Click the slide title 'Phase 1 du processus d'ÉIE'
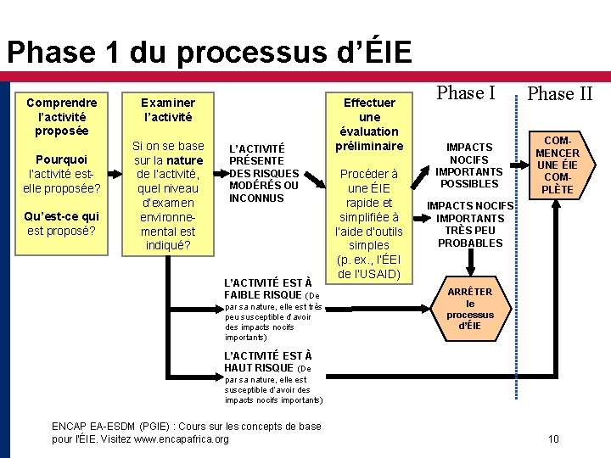click(209, 53)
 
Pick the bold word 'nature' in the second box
click(184, 160)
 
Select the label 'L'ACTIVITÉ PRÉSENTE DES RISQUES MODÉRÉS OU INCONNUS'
click(264, 173)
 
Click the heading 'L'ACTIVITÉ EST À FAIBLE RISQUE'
click(266, 288)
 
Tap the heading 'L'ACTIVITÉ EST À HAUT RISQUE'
click(266, 361)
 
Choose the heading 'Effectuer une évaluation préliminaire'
click(369, 124)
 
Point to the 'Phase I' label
click(465, 92)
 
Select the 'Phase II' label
click(559, 93)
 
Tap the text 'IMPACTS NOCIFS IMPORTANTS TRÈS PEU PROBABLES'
click(470, 224)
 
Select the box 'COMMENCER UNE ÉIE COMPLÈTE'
click(558, 165)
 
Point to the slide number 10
click(553, 438)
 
